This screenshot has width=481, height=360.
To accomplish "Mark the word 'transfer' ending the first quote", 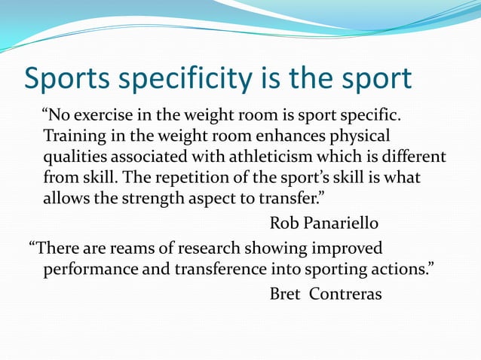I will coord(298,199).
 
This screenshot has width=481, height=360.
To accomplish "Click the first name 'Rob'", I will coord(284,224).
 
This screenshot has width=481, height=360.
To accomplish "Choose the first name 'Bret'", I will coord(286,294).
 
